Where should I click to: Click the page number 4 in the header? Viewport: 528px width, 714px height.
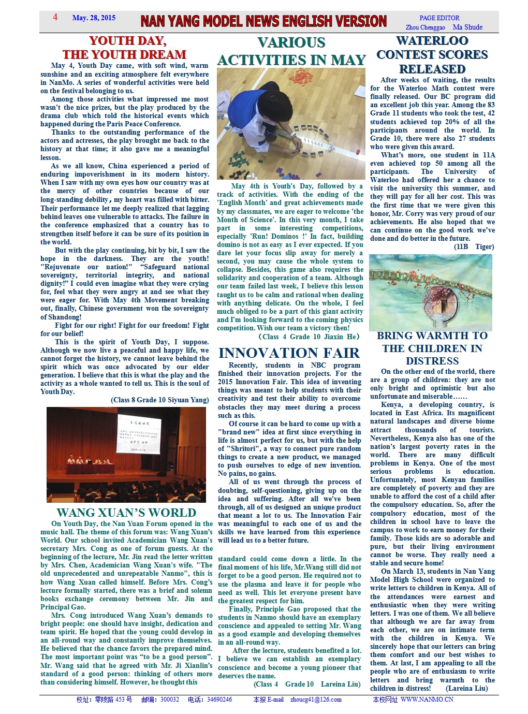55,17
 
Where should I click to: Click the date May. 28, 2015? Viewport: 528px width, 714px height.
94,18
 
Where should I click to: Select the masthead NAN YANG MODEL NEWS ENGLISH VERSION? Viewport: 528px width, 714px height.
263,21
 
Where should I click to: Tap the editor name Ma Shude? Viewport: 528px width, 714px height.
467,27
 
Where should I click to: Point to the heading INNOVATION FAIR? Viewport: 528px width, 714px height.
289,353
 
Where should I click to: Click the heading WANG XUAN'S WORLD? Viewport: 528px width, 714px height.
126,513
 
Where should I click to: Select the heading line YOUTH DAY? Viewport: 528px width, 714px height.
128,41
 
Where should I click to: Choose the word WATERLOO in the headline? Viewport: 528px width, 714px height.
432,41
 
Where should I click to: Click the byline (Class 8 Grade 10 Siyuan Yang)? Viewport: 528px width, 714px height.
160,400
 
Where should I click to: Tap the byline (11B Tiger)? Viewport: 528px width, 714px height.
474,246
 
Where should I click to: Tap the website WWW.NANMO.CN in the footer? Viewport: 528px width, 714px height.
427,700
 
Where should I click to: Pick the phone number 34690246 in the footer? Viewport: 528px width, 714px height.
219,700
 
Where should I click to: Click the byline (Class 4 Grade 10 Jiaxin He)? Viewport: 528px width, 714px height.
309,337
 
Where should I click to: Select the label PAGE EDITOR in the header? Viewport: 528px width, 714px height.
439,18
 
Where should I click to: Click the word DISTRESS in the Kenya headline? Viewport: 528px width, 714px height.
432,361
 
